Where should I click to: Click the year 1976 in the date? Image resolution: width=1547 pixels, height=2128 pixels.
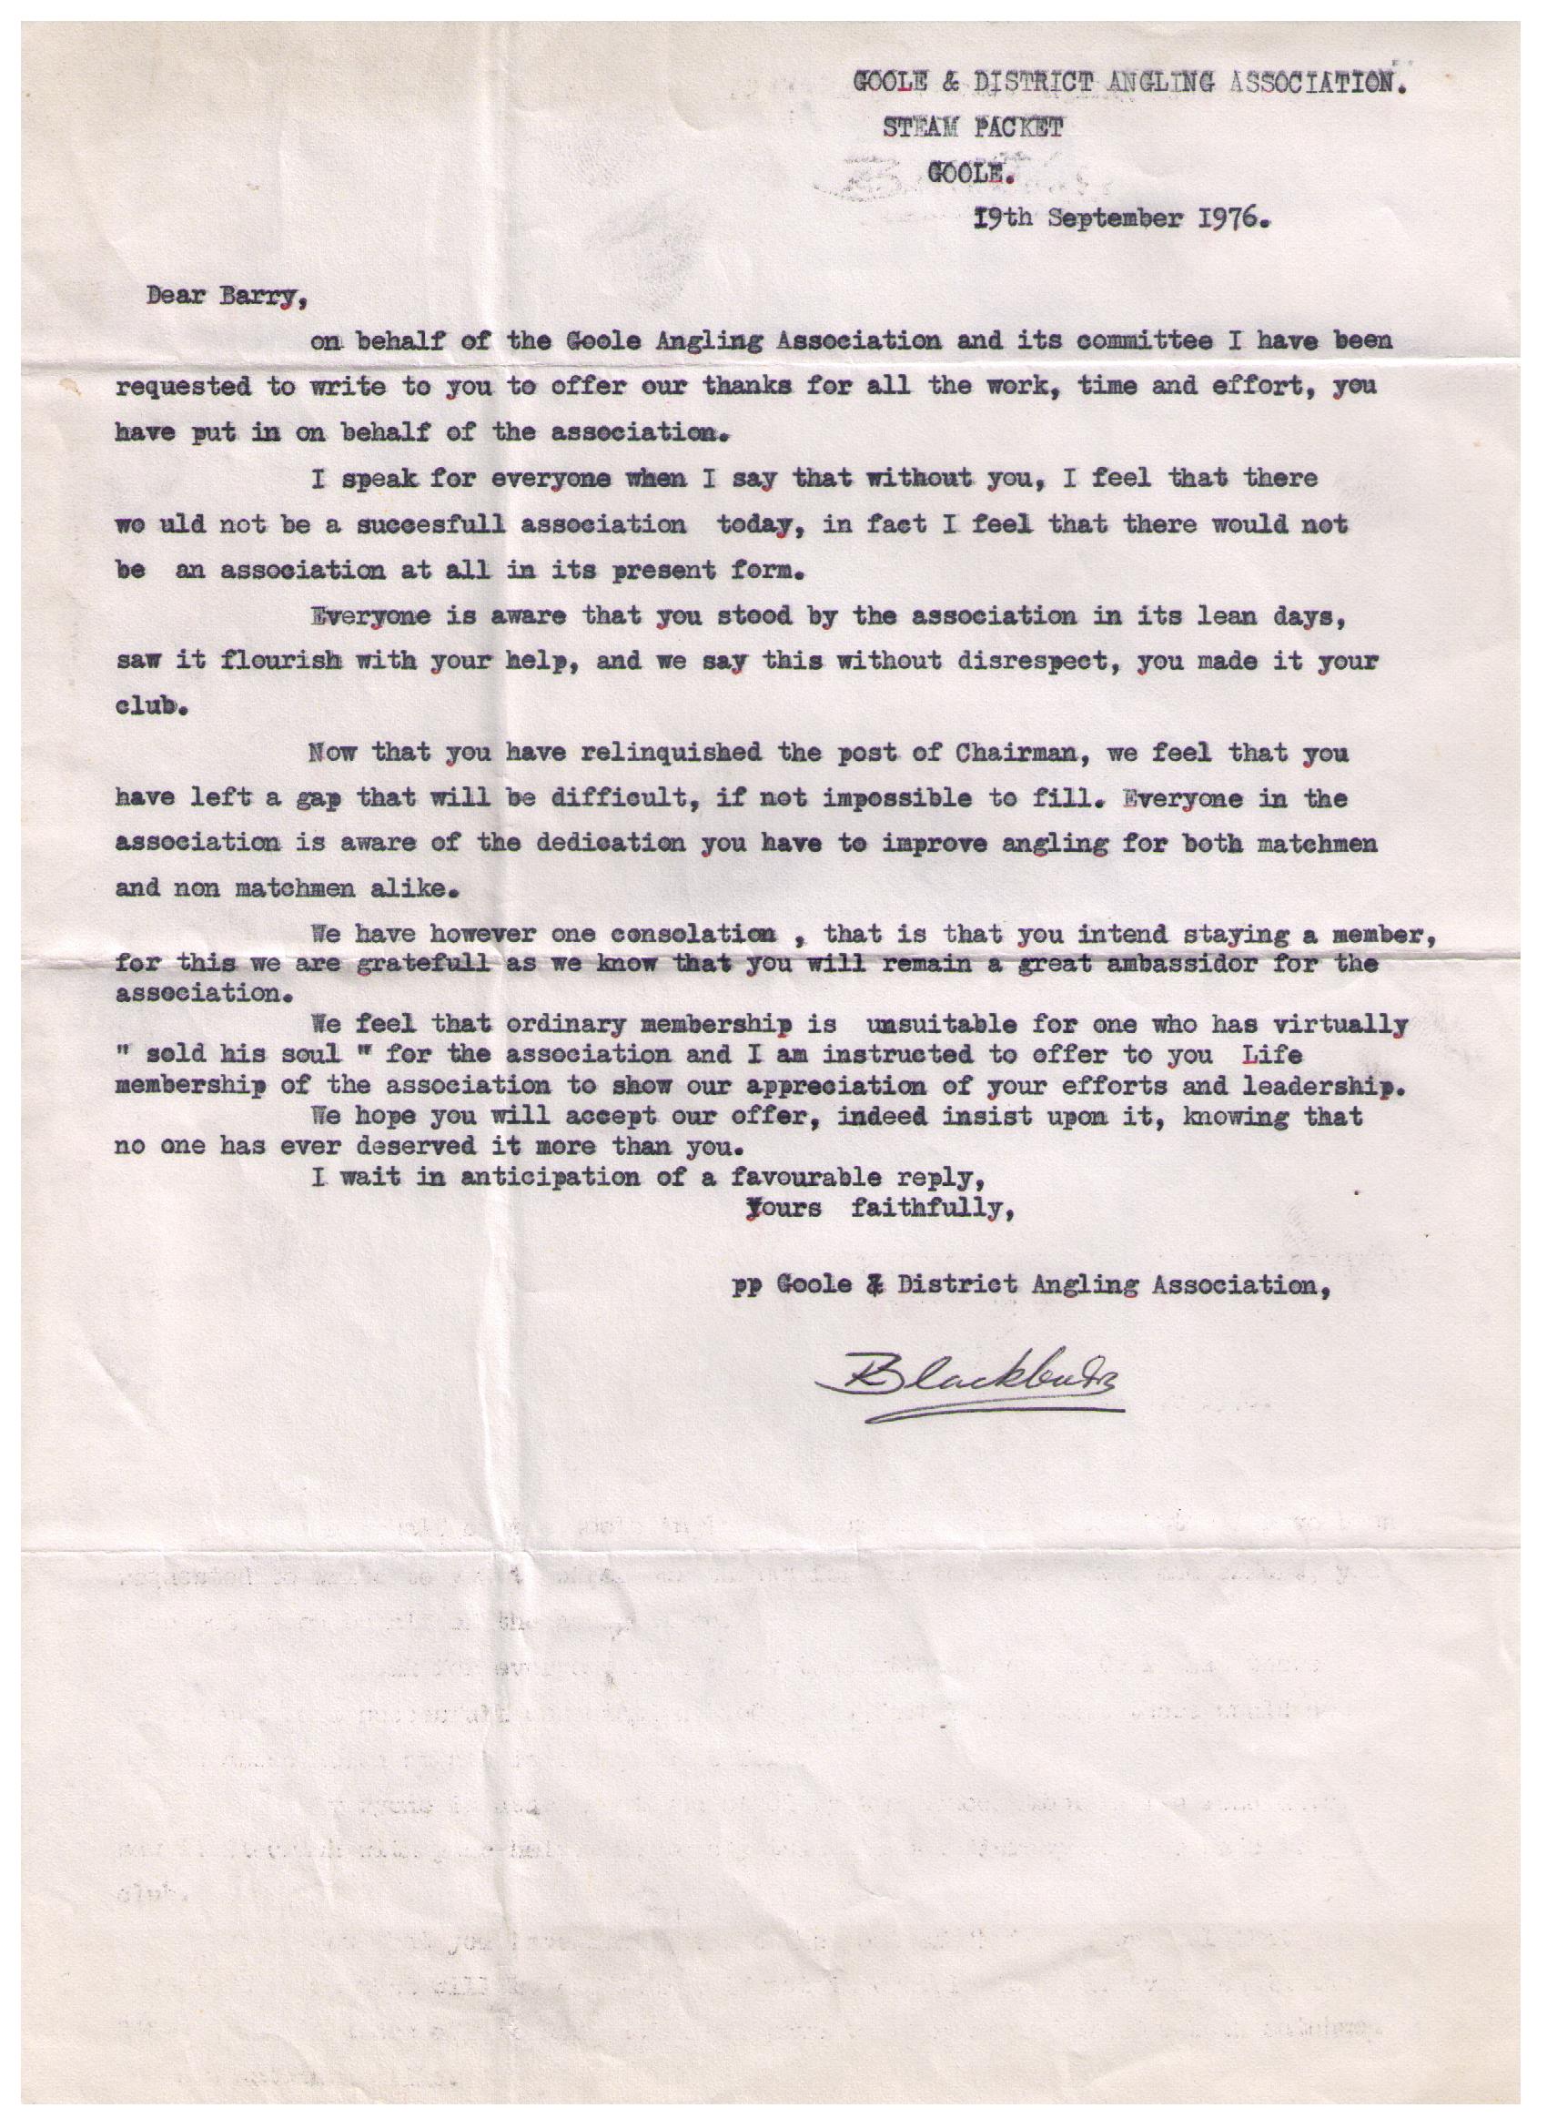click(1223, 219)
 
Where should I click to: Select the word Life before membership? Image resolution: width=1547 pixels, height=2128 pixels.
click(1271, 1055)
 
